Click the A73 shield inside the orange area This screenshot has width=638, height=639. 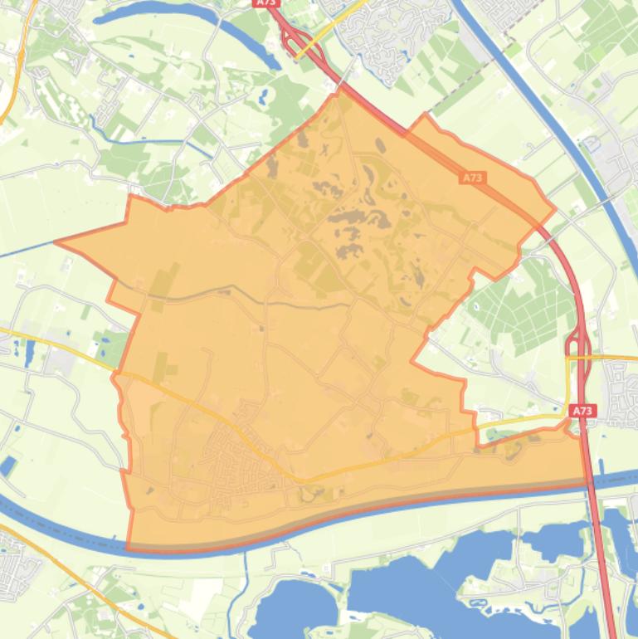472,178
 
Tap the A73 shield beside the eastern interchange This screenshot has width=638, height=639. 582,411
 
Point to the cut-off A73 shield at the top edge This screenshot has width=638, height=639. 266,3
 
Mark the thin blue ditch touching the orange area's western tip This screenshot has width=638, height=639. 25,250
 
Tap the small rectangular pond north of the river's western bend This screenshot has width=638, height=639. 8,466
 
